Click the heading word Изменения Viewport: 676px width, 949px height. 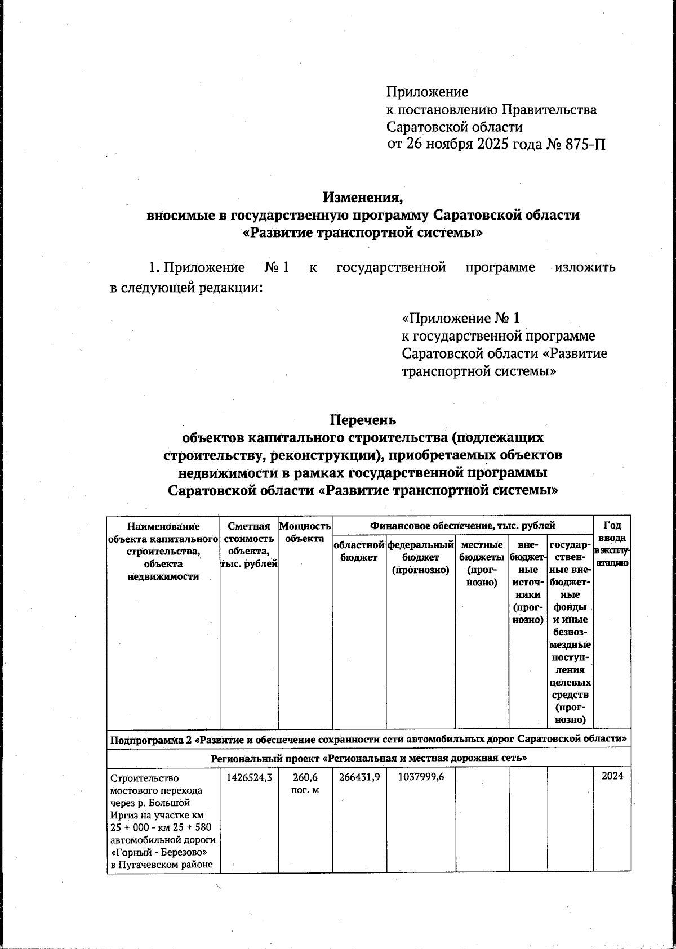click(363, 198)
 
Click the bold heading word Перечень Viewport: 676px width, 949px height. click(363, 420)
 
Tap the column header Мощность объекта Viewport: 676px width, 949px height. click(305, 532)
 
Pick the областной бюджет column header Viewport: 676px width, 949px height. click(359, 551)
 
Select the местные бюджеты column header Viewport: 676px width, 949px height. click(482, 563)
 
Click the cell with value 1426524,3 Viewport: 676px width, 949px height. click(249, 778)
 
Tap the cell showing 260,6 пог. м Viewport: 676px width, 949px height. click(305, 783)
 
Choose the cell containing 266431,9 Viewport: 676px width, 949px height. click(359, 778)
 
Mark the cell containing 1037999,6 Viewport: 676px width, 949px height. click(420, 778)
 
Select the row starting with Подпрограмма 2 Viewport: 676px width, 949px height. click(368, 738)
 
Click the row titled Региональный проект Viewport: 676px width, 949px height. click(368, 758)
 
